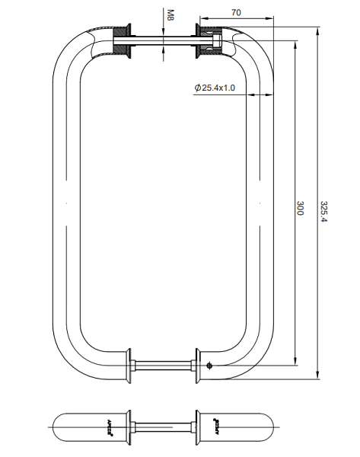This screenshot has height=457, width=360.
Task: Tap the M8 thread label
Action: coord(170,14)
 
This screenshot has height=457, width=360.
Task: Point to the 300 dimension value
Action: coord(300,208)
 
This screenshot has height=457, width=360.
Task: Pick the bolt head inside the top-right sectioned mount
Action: coord(218,42)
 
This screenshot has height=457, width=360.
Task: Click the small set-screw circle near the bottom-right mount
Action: coord(209,364)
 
